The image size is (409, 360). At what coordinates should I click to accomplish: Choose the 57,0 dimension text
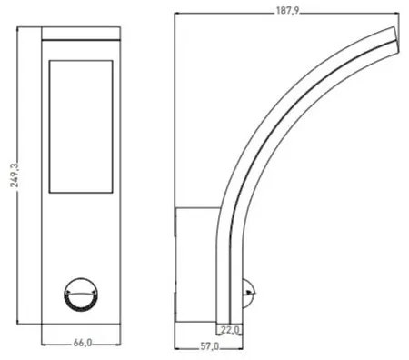click(210, 346)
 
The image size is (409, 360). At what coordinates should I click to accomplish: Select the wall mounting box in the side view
click(195, 265)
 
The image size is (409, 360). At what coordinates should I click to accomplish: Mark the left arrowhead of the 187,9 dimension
click(177, 14)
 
